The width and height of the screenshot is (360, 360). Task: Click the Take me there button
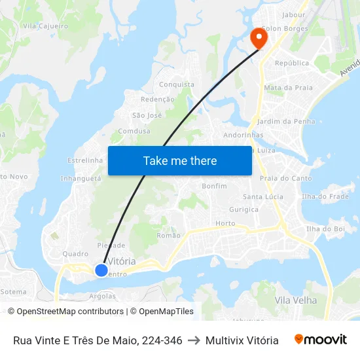point(180,161)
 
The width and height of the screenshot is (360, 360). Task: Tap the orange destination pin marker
point(259,37)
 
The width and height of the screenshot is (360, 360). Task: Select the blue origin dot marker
point(101,270)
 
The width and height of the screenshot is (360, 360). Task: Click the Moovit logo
point(321,340)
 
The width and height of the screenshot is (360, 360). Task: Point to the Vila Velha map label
point(296,300)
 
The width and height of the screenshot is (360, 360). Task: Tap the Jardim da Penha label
point(287,121)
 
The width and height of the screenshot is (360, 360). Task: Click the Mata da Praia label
point(288,87)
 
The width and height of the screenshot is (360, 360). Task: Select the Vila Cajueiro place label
point(45,26)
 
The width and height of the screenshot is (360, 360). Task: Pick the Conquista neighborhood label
point(177,84)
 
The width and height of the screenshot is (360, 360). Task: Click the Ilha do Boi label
point(325,228)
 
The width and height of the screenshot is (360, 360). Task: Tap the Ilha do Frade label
point(325,196)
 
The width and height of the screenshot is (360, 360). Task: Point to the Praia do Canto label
point(285,178)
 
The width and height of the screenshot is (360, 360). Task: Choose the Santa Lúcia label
point(262,196)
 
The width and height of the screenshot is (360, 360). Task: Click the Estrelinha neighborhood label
point(85,160)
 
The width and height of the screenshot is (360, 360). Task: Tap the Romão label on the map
point(169,236)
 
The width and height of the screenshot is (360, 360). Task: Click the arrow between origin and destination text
point(194,340)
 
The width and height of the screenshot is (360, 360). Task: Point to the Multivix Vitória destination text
point(242,340)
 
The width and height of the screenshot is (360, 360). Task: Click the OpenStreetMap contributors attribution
point(69,312)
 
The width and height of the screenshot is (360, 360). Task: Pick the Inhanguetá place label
point(81,178)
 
